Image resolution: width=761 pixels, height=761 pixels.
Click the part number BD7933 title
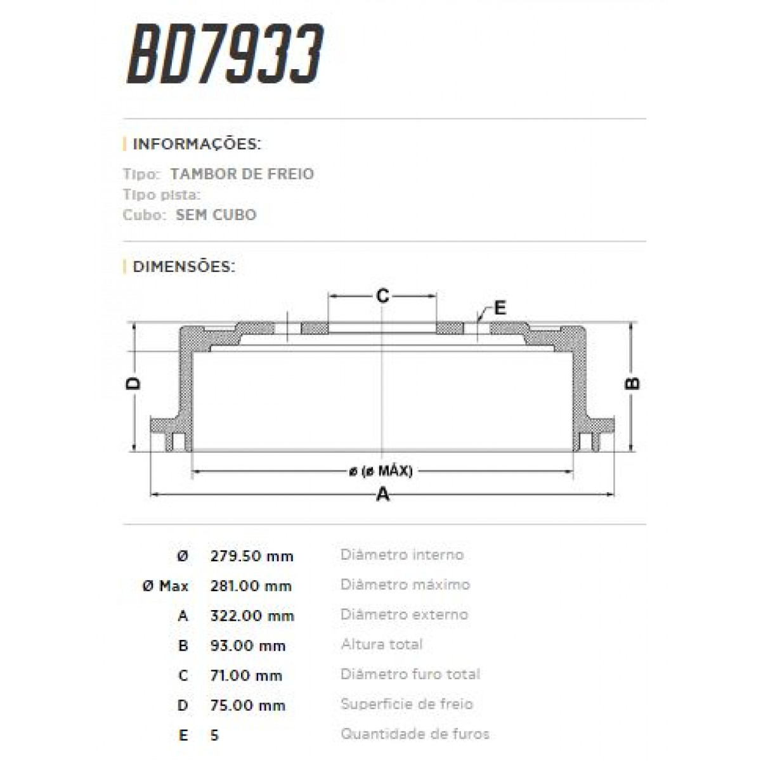click(226, 55)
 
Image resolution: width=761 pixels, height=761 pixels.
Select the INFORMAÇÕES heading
click(197, 144)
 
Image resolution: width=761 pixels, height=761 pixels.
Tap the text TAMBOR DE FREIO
click(242, 174)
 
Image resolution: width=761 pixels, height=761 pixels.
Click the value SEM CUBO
click(216, 215)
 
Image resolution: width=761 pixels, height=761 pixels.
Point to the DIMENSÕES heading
click(184, 266)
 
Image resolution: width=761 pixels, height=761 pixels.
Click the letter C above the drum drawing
click(382, 296)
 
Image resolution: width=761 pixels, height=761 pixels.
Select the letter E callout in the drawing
click(500, 308)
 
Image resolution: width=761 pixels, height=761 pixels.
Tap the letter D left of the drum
click(133, 383)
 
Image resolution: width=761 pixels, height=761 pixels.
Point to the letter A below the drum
click(382, 495)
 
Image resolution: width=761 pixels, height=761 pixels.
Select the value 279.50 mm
click(252, 556)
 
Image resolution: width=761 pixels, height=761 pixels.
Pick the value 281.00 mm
click(251, 586)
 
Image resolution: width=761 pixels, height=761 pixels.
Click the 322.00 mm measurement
click(252, 616)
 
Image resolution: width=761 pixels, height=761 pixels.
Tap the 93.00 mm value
click(248, 646)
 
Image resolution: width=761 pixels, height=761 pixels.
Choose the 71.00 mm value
click(246, 675)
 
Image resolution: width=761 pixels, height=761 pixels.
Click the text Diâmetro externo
click(404, 615)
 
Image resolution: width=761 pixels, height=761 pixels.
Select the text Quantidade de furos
click(415, 734)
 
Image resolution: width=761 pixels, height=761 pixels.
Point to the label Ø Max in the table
click(166, 586)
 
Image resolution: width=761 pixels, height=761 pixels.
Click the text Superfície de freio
click(407, 704)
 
